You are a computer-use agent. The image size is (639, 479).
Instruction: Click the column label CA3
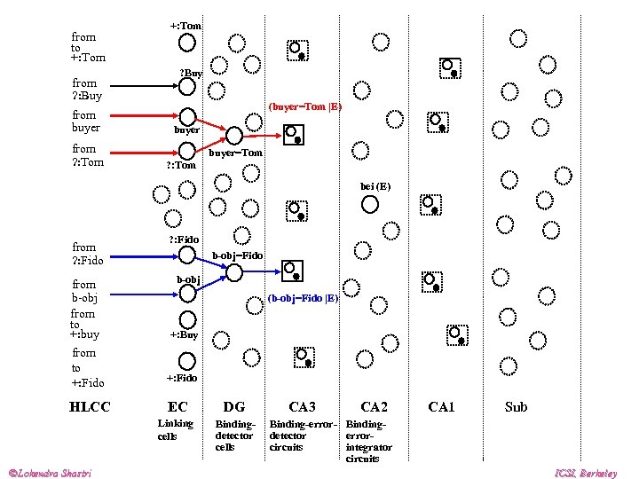[x=302, y=407]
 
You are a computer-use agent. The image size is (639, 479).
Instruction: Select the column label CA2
[x=374, y=407]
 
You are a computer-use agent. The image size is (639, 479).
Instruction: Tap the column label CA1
[x=441, y=407]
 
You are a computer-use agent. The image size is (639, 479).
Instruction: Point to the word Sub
[x=516, y=407]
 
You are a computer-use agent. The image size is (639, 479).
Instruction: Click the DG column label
[x=234, y=407]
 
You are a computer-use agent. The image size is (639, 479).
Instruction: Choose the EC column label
[x=177, y=407]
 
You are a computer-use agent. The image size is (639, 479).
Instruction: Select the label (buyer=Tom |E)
[x=304, y=106]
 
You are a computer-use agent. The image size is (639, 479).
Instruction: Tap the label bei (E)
[x=375, y=186]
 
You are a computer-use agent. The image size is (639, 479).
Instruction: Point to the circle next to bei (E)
[x=370, y=204]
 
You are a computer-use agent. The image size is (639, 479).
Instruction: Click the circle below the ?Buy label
[x=187, y=86]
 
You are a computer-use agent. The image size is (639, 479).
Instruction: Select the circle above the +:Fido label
[x=187, y=361]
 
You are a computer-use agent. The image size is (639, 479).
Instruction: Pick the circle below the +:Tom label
[x=187, y=43]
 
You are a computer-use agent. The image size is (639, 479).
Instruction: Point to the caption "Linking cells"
[x=175, y=429]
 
